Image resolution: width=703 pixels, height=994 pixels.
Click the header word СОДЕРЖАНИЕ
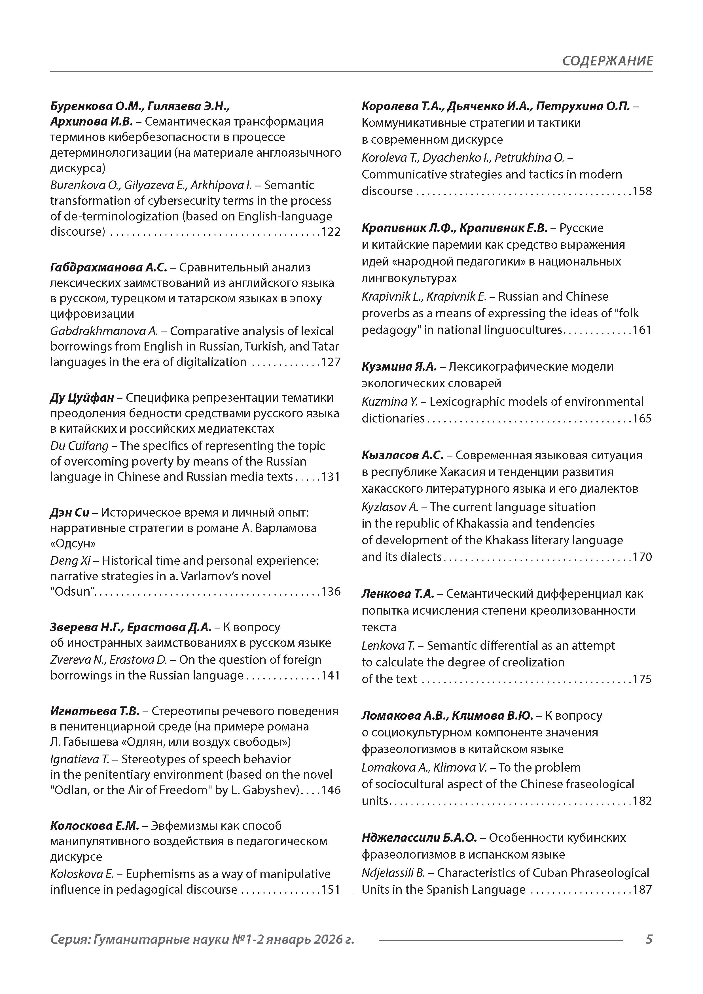(607, 61)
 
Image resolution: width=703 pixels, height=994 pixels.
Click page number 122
(331, 232)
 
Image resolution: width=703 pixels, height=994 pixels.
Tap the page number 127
(331, 362)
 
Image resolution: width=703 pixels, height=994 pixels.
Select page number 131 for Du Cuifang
(331, 477)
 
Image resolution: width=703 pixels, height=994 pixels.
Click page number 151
(331, 890)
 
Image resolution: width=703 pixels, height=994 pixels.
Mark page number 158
(642, 191)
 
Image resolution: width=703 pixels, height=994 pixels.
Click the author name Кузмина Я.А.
(399, 367)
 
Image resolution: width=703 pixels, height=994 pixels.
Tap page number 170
(642, 557)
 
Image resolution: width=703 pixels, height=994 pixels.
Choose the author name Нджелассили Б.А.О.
(419, 838)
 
